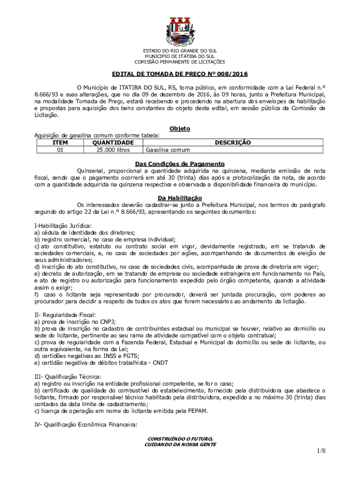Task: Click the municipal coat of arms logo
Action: coord(180,32)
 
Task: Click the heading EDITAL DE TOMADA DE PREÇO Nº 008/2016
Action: coord(180,74)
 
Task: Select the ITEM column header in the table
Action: coord(59,143)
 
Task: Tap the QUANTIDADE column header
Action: coord(113,143)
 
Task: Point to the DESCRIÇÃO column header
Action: coord(233,143)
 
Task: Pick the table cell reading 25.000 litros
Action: coord(113,150)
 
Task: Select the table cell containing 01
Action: coord(59,150)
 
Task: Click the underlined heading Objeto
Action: coord(180,129)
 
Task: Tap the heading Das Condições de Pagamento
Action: coord(180,164)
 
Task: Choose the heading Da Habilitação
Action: coord(180,198)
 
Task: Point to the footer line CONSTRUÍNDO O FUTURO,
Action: coord(180,439)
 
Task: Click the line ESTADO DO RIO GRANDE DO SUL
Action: coord(180,51)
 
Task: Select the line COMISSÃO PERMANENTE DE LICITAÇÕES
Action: coord(180,62)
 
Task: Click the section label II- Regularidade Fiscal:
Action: coord(58,315)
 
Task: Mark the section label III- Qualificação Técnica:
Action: coord(61,377)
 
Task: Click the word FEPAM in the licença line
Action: coord(198,411)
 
